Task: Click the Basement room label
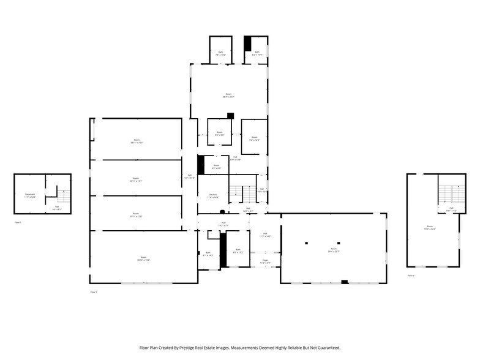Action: tap(30, 195)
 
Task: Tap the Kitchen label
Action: tap(212, 196)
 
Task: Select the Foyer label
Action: tap(266, 261)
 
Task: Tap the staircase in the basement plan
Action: tap(62, 197)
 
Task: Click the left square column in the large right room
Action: tap(306, 243)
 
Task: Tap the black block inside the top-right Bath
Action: tap(247, 43)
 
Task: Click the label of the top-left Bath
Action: tap(220, 53)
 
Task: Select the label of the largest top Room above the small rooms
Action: tap(228, 96)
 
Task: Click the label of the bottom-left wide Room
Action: tap(143, 258)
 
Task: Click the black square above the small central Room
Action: tap(230, 116)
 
